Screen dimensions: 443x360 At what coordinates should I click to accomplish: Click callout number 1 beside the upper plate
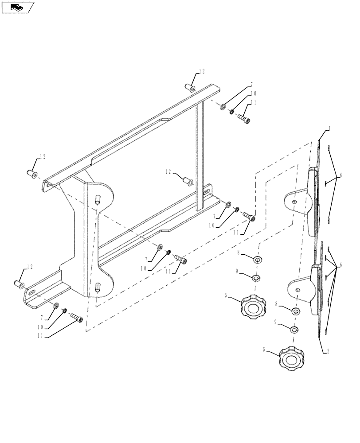(x=330, y=129)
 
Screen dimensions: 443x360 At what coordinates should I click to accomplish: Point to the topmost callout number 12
(x=202, y=71)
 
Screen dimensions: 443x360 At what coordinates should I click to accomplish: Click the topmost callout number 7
(x=252, y=84)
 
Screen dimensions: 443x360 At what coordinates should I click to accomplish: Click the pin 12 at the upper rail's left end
(x=33, y=173)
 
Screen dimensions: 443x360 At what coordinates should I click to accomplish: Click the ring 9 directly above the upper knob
(x=256, y=278)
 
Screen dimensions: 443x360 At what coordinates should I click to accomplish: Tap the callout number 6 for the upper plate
(x=340, y=175)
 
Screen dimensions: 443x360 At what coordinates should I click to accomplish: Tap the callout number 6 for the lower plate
(x=340, y=264)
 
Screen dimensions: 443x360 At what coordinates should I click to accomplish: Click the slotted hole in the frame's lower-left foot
(x=31, y=292)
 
